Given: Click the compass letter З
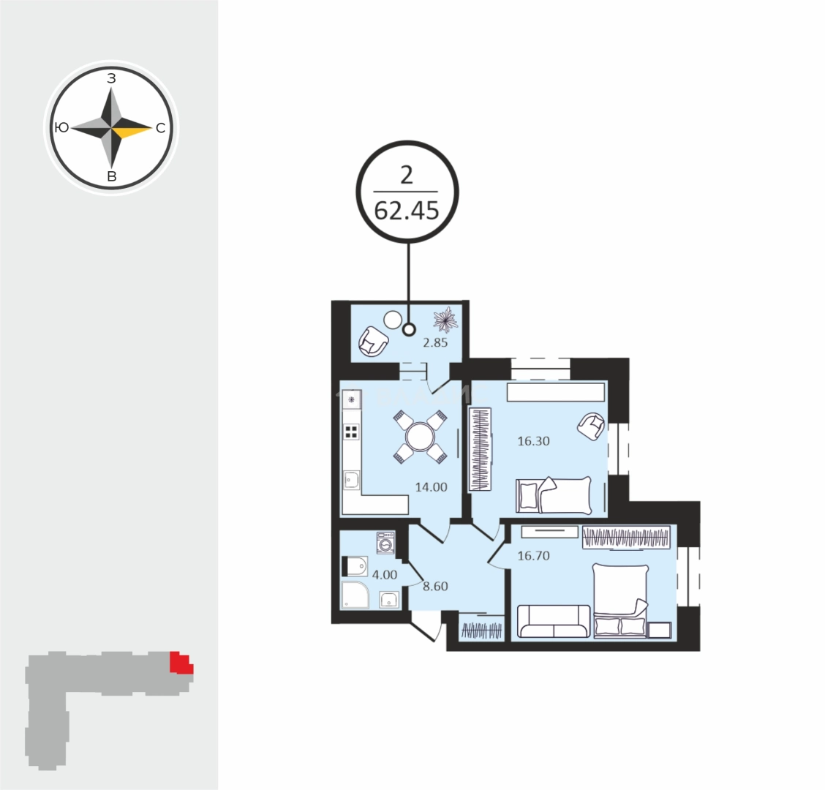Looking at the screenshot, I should coord(111,78).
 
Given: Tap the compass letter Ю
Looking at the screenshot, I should coord(62,128).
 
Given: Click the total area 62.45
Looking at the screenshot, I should coord(407,211).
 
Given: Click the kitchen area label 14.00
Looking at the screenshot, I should coord(431,487).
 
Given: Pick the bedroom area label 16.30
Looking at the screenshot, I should coord(533,441).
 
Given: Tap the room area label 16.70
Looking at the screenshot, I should coord(533,556).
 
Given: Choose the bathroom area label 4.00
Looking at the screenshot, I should coord(385,575).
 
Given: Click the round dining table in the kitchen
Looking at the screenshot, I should coord(420,437).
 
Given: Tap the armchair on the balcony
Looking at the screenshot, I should coord(374,340).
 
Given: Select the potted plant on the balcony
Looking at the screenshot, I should coord(445,319).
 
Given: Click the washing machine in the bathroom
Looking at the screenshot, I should coord(385,543).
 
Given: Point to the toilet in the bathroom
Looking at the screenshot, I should coord(355,566).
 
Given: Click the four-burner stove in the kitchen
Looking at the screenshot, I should coord(352,431).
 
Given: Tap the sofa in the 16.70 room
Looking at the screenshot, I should coord(553,621).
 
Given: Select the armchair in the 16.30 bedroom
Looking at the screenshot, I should coord(591,426).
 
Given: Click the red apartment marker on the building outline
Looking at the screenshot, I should coord(181,663).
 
